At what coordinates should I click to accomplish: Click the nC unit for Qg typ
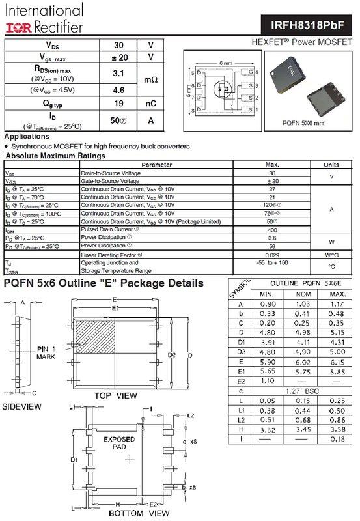coord(151,103)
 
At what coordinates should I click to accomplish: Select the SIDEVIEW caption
coord(23,406)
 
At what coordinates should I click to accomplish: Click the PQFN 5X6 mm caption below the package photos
coord(304,121)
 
